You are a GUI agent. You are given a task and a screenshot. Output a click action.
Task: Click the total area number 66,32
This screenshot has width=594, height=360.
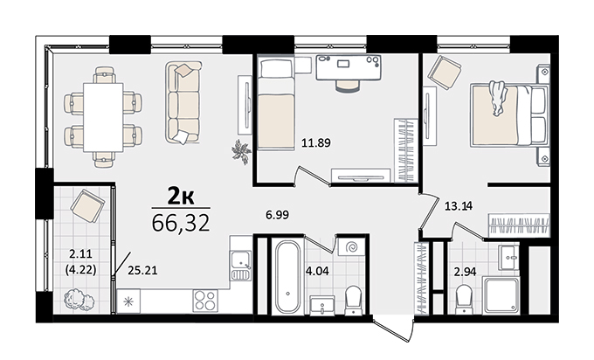(181, 223)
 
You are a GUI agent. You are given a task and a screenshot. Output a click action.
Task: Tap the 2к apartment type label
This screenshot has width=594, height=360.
(181, 197)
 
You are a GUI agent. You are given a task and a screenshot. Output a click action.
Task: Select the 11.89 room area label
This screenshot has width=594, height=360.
(316, 142)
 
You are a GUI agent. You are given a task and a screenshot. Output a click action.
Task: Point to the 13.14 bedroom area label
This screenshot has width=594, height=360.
(459, 206)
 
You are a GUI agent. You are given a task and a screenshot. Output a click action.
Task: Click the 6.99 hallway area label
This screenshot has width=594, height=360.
(277, 215)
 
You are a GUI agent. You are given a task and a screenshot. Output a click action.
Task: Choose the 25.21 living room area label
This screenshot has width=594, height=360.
(142, 270)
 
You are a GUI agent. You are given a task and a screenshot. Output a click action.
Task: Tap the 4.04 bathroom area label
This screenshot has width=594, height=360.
(317, 271)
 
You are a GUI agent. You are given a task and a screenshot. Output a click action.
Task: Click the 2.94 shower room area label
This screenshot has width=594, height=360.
(466, 272)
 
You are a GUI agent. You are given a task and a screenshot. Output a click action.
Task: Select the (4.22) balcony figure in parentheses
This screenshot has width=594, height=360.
(80, 270)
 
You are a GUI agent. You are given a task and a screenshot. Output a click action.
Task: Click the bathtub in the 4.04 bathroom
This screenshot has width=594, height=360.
(288, 277)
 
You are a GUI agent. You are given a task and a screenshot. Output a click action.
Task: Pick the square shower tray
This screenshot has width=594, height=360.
(501, 295)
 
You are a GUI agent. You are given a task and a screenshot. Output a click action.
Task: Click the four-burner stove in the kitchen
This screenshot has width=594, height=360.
(205, 301)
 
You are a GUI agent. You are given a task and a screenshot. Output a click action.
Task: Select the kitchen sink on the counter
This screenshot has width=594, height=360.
(241, 265)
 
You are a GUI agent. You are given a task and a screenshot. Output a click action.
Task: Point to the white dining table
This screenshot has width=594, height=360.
(103, 117)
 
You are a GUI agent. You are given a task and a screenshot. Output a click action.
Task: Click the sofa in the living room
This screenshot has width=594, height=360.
(183, 103)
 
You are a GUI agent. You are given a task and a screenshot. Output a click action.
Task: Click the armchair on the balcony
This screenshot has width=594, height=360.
(87, 205)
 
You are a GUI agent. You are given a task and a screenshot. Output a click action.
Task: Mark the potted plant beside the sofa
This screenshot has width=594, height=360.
(241, 152)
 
